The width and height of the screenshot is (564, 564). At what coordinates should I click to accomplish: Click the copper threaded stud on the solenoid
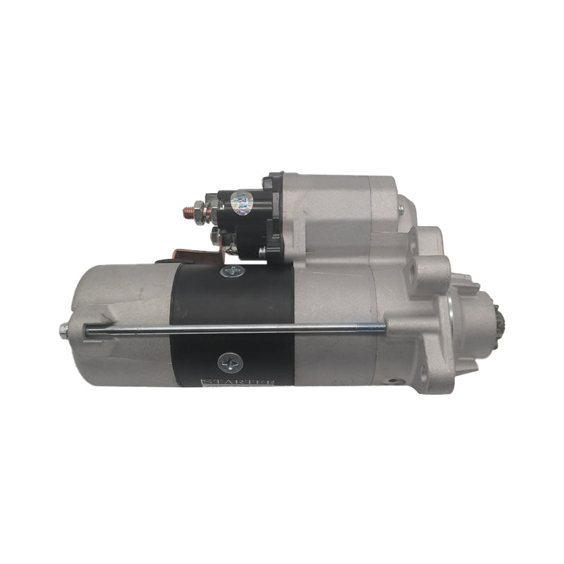187,209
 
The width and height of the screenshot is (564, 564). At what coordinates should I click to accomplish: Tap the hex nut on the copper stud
200,209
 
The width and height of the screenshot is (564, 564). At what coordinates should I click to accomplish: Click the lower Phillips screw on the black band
230,362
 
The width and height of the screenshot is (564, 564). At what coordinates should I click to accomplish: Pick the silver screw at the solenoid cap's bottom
262,250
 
